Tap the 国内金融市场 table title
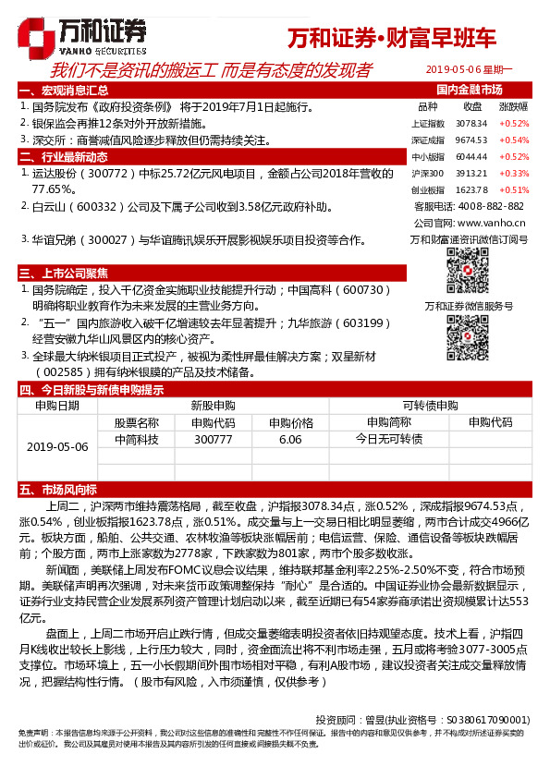click(469, 90)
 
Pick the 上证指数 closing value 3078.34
click(471, 123)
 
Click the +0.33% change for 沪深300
click(514, 173)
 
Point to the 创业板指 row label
click(427, 189)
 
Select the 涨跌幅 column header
click(514, 106)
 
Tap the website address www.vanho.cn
click(491, 223)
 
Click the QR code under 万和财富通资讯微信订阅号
click(469, 271)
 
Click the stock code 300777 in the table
click(214, 440)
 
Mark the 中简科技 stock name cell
click(137, 440)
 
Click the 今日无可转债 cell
click(389, 440)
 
